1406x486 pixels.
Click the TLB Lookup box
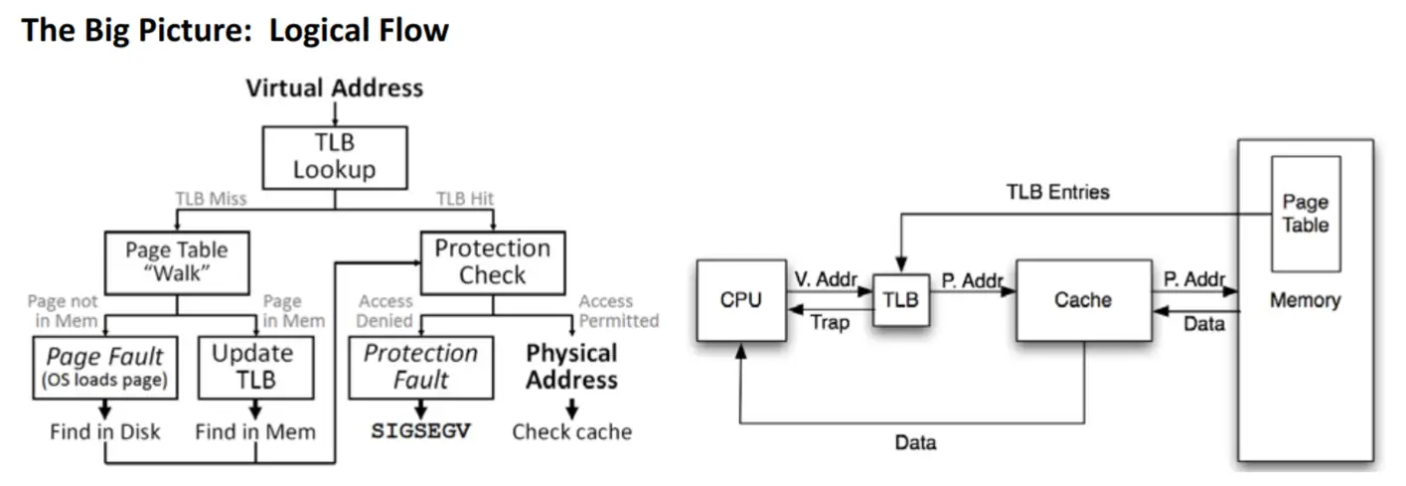tap(334, 157)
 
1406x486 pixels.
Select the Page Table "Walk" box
tap(176, 261)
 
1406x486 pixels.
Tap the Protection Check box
tap(492, 261)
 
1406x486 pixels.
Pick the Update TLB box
tap(254, 367)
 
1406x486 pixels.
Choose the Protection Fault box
tap(420, 367)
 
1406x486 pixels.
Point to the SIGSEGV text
tap(420, 431)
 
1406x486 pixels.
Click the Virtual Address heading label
tap(334, 87)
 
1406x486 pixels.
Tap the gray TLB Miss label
tap(211, 199)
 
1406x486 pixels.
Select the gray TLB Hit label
tap(466, 199)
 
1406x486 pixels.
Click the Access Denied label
tap(386, 310)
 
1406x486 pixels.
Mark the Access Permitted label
tap(619, 310)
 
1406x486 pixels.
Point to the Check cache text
tap(571, 431)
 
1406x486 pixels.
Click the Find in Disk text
tap(106, 431)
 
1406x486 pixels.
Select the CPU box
tap(740, 300)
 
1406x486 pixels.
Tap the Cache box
tap(1083, 300)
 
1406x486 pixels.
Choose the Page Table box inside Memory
tap(1305, 214)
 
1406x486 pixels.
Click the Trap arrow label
tap(830, 322)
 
